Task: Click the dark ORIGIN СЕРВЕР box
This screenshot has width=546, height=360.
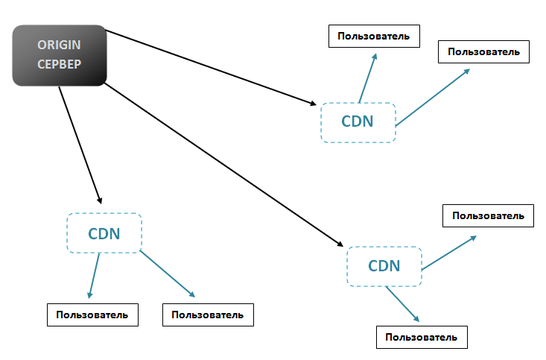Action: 60,55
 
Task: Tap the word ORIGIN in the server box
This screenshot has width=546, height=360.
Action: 60,45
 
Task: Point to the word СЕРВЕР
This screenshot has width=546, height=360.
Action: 60,64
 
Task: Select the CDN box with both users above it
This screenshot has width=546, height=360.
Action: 358,122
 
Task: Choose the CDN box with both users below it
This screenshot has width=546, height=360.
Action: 104,233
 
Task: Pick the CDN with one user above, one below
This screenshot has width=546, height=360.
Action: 384,266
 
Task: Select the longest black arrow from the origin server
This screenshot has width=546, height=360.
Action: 223,165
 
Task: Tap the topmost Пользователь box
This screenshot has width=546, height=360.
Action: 373,36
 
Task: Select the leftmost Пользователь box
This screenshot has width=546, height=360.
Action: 93,315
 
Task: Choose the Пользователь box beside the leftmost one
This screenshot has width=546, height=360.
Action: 208,315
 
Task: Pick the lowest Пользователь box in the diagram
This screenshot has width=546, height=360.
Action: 421,337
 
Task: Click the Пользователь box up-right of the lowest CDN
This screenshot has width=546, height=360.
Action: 489,216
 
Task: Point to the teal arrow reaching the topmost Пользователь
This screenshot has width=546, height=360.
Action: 368,78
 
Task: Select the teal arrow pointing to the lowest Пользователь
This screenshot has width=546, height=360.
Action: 402,303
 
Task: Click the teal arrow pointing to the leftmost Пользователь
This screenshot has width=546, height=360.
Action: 94,276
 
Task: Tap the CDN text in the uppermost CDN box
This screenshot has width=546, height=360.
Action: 358,122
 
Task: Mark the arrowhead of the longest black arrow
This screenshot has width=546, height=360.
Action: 340,244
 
